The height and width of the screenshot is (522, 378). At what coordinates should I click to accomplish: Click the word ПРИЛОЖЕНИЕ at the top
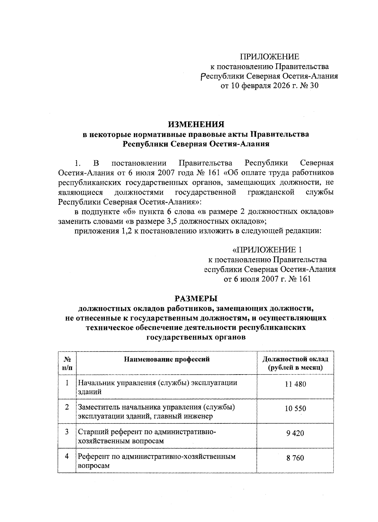[270, 57]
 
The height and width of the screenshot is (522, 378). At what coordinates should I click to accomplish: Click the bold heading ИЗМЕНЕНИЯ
[196, 124]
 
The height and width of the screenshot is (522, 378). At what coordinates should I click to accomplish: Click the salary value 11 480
[295, 384]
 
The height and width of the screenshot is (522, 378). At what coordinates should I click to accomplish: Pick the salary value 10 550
[295, 409]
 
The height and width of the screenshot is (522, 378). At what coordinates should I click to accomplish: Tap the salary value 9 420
[295, 433]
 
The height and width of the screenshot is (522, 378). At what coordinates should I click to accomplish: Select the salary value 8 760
[295, 458]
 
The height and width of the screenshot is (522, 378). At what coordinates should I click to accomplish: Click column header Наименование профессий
[167, 359]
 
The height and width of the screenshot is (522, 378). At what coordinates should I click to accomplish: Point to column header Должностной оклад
[295, 359]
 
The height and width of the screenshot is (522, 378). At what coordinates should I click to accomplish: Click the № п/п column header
[67, 363]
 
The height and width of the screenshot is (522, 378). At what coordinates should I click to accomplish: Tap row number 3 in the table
[67, 432]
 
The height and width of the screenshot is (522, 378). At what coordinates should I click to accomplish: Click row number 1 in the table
[67, 383]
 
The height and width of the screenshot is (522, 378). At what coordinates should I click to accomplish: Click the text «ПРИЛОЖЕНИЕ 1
[267, 250]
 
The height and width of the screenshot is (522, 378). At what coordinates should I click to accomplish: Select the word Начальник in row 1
[96, 383]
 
